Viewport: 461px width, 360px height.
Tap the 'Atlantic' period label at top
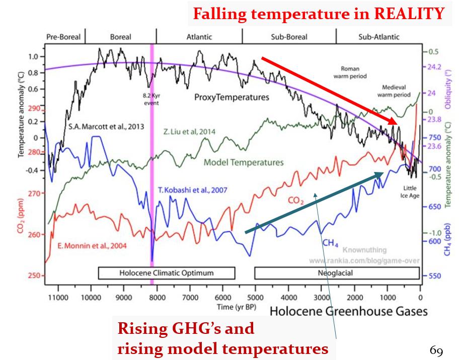click(199, 37)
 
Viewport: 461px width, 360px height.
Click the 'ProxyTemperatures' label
click(232, 97)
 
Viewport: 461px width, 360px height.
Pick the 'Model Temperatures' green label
click(244, 162)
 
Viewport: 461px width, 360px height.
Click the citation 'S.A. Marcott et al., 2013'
click(106, 127)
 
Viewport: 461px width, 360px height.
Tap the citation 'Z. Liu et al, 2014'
click(189, 132)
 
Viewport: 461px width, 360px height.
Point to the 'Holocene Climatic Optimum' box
click(167, 273)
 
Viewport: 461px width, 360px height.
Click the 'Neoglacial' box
click(336, 273)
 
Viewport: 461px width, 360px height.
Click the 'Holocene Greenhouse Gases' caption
click(349, 311)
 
